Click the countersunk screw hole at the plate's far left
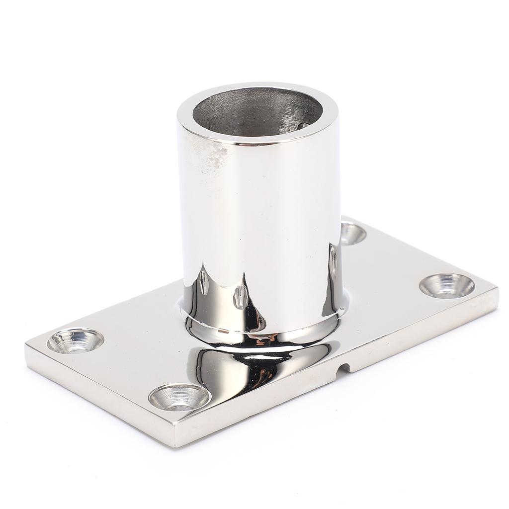click(x=76, y=341)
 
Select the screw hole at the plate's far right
click(x=447, y=286)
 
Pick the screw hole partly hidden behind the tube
click(x=352, y=233)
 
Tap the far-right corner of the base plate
click(x=496, y=291)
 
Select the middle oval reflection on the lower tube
click(x=240, y=297)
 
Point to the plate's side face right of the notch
click(x=423, y=333)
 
